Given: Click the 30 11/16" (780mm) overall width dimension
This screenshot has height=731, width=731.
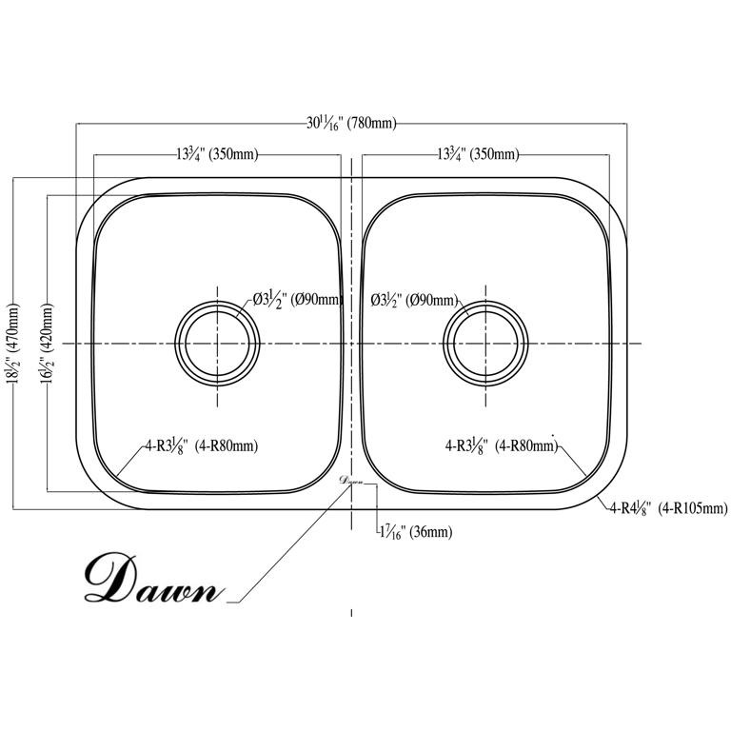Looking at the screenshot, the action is point(351,123).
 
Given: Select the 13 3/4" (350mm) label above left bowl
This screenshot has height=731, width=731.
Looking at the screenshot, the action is point(217,154).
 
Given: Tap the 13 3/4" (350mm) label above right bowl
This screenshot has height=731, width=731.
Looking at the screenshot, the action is point(478,154).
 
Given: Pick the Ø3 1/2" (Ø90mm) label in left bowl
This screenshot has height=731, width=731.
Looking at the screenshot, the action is point(297,300).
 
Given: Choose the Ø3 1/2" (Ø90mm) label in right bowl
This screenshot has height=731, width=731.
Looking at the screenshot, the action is point(414,300).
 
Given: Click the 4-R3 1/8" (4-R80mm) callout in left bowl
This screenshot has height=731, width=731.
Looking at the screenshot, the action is point(202,446).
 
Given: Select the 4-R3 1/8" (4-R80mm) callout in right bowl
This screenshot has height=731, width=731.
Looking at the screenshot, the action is point(502,446).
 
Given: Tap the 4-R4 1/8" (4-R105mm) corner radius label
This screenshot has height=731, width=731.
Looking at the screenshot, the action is point(668,508).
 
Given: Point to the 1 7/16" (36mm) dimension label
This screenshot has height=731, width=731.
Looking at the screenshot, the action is point(416,532).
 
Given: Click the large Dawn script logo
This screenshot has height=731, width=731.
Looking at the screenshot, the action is point(151,578).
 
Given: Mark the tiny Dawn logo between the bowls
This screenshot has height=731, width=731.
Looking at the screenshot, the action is point(351,481).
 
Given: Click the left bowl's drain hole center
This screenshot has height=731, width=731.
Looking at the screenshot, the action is point(217,344).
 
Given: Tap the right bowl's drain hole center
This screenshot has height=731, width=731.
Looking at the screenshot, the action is point(485,344).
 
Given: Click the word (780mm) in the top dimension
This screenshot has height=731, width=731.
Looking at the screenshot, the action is point(372,124).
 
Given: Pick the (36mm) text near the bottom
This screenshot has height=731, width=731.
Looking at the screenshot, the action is point(431,532).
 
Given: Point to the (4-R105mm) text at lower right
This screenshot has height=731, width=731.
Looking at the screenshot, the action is point(693,508).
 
